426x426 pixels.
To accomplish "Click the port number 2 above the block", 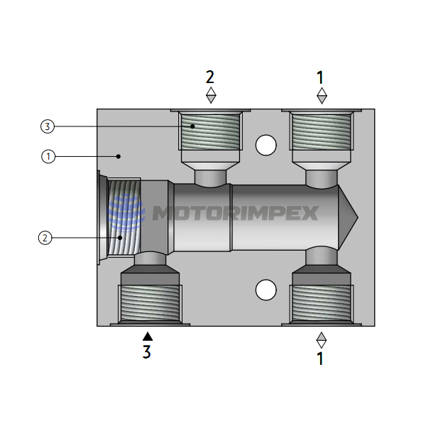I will coord(209,77).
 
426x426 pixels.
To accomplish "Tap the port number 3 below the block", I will coord(146,351).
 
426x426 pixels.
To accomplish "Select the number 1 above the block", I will coord(320,77).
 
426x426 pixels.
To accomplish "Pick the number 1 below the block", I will coord(320,359).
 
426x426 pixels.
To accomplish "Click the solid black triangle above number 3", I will coord(147,335).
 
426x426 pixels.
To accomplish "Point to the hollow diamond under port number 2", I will coord(210,94).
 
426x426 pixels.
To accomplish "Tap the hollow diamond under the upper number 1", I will coord(322,95).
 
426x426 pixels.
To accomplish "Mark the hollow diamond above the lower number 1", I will coord(321,339).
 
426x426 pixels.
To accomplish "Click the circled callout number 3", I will coord(48,127).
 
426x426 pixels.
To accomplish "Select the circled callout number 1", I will coord(48,156).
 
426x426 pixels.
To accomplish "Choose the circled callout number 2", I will coord(44,238).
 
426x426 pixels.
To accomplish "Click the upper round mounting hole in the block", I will coord(266,145).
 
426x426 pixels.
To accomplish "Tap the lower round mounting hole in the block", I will coord(266,290).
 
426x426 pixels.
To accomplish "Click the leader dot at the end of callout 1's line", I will coord(119,156).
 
